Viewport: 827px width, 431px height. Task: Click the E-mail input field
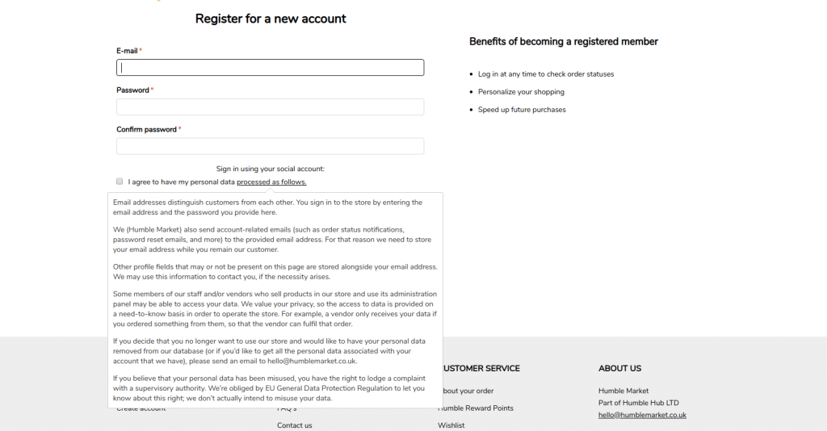270,68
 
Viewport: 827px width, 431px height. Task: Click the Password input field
270,107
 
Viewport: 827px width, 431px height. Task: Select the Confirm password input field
270,146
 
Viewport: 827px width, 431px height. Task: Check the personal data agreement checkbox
120,182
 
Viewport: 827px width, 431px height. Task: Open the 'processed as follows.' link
271,182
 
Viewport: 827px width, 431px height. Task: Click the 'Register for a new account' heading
271,19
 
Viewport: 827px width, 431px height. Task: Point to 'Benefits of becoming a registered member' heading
564,41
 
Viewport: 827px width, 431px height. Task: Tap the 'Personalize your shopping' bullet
521,92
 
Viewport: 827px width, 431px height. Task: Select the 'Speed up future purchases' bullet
522,110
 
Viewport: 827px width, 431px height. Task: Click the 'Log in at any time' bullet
546,74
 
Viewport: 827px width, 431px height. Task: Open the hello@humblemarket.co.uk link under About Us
642,415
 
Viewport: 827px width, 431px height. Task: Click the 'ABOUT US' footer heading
619,368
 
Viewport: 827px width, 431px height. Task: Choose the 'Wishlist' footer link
451,425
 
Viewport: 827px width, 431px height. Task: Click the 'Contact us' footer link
295,425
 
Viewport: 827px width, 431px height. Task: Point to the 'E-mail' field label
127,51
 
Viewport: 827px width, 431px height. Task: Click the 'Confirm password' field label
146,129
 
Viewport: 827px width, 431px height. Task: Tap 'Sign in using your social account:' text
271,169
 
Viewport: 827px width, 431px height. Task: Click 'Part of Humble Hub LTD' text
639,403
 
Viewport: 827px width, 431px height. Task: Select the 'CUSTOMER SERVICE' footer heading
481,368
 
